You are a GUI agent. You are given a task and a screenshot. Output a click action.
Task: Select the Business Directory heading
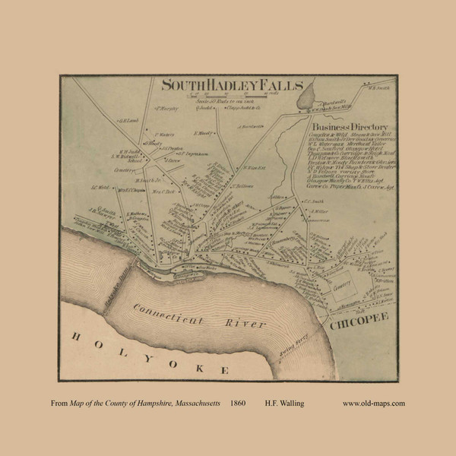tap(350, 126)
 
